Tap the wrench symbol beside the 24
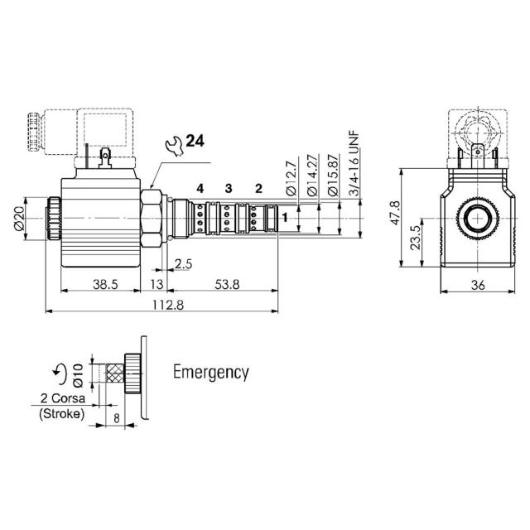(x=174, y=146)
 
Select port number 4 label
(x=200, y=189)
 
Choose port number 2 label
(x=258, y=189)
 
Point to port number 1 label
(x=285, y=219)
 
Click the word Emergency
(x=210, y=372)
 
